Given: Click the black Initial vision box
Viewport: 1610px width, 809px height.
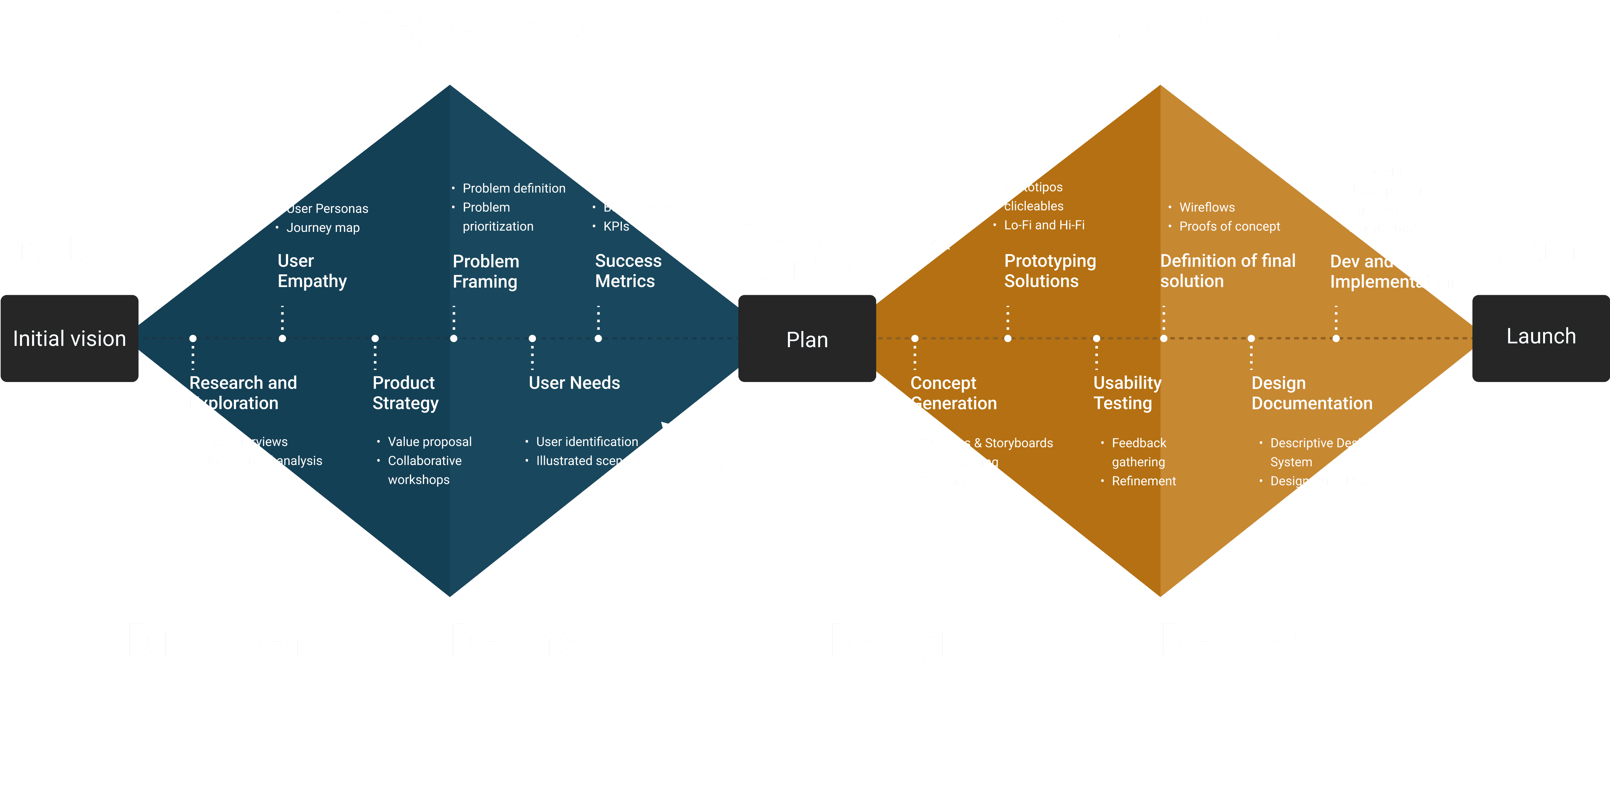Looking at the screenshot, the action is [69, 339].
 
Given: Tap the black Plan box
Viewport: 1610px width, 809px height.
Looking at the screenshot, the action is [807, 339].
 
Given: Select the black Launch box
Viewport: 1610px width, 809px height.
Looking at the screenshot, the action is [1541, 337].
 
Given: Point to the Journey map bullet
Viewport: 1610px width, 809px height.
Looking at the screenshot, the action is [322, 227].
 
